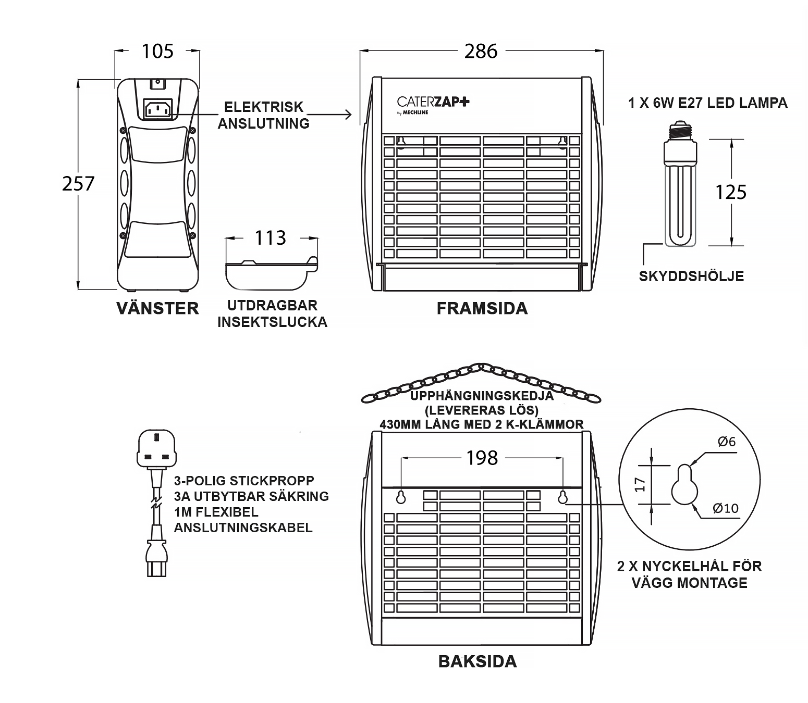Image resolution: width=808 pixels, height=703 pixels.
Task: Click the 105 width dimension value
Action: [157, 51]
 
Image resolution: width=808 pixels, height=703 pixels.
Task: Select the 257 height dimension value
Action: [78, 183]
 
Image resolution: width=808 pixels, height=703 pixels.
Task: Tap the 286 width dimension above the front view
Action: [481, 51]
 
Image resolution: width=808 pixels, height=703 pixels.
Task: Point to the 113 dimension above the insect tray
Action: [270, 237]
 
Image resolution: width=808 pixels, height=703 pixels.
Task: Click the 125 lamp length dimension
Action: [731, 192]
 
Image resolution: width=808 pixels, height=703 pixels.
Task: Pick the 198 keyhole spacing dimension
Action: [482, 458]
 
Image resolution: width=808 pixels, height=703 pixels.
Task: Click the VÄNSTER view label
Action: [157, 308]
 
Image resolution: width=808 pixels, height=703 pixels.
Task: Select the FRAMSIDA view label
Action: [482, 308]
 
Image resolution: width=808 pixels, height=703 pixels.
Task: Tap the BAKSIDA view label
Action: [478, 661]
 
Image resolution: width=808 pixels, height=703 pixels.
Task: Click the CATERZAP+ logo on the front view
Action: [433, 102]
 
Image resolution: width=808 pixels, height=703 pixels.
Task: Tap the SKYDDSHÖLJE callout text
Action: [691, 276]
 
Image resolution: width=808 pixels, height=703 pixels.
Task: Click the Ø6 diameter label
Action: [726, 442]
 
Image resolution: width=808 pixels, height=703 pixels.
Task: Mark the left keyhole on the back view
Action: [401, 497]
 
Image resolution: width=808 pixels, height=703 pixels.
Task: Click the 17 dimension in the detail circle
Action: [641, 485]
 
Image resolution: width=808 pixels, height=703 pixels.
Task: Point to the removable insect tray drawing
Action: [271, 273]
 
